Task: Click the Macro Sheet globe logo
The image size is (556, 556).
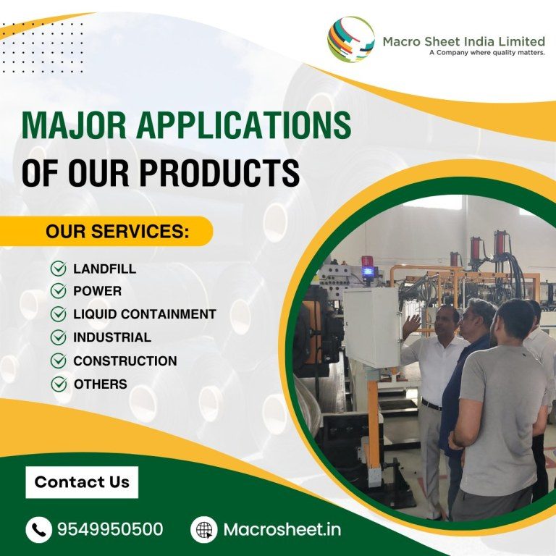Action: [350, 39]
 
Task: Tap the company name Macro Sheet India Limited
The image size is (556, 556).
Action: [464, 41]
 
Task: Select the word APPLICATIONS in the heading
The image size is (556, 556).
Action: [243, 125]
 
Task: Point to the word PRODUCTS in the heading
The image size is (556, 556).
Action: [219, 173]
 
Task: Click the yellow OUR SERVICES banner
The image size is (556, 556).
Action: [106, 231]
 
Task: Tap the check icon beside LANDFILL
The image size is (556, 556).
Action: [58, 269]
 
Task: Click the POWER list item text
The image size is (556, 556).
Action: [98, 291]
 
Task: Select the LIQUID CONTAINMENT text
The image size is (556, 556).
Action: [145, 314]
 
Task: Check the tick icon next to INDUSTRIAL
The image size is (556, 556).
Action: [58, 337]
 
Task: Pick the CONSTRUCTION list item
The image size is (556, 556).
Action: [125, 361]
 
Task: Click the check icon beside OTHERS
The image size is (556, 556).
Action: [59, 384]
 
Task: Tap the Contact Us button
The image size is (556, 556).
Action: [82, 482]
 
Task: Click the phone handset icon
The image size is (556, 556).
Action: [38, 530]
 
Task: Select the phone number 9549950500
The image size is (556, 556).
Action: [110, 529]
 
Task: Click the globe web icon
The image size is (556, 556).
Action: [204, 530]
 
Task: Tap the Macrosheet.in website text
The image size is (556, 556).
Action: [282, 529]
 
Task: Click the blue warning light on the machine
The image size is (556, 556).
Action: [368, 271]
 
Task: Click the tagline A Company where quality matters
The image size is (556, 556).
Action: [486, 53]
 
